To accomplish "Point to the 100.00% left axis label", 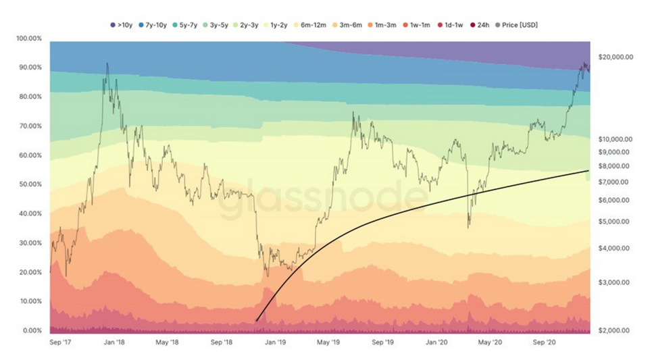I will coord(29,38).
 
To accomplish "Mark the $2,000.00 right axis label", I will coord(616,331).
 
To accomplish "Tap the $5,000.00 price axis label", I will coord(616,222).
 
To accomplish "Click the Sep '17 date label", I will coord(61,342).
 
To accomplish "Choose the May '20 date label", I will coord(490,342).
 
